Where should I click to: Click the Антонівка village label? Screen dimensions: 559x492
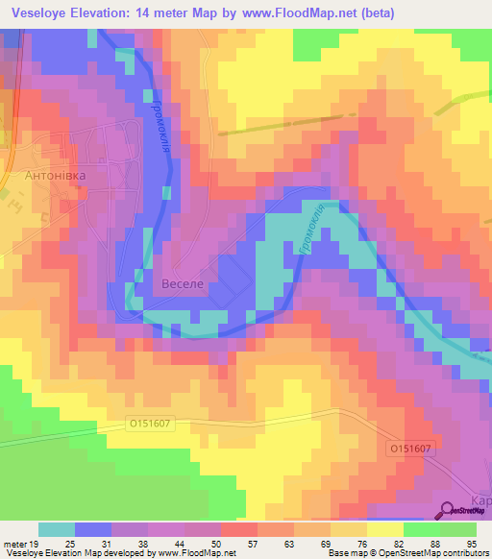pyautogui.click(x=55, y=177)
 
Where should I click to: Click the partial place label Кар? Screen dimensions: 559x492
pyautogui.click(x=481, y=500)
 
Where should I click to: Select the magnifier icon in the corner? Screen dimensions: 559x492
pyautogui.click(x=448, y=512)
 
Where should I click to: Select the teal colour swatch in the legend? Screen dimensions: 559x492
pyautogui.click(x=57, y=529)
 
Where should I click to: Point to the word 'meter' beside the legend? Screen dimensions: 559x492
pyautogui.click(x=15, y=543)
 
